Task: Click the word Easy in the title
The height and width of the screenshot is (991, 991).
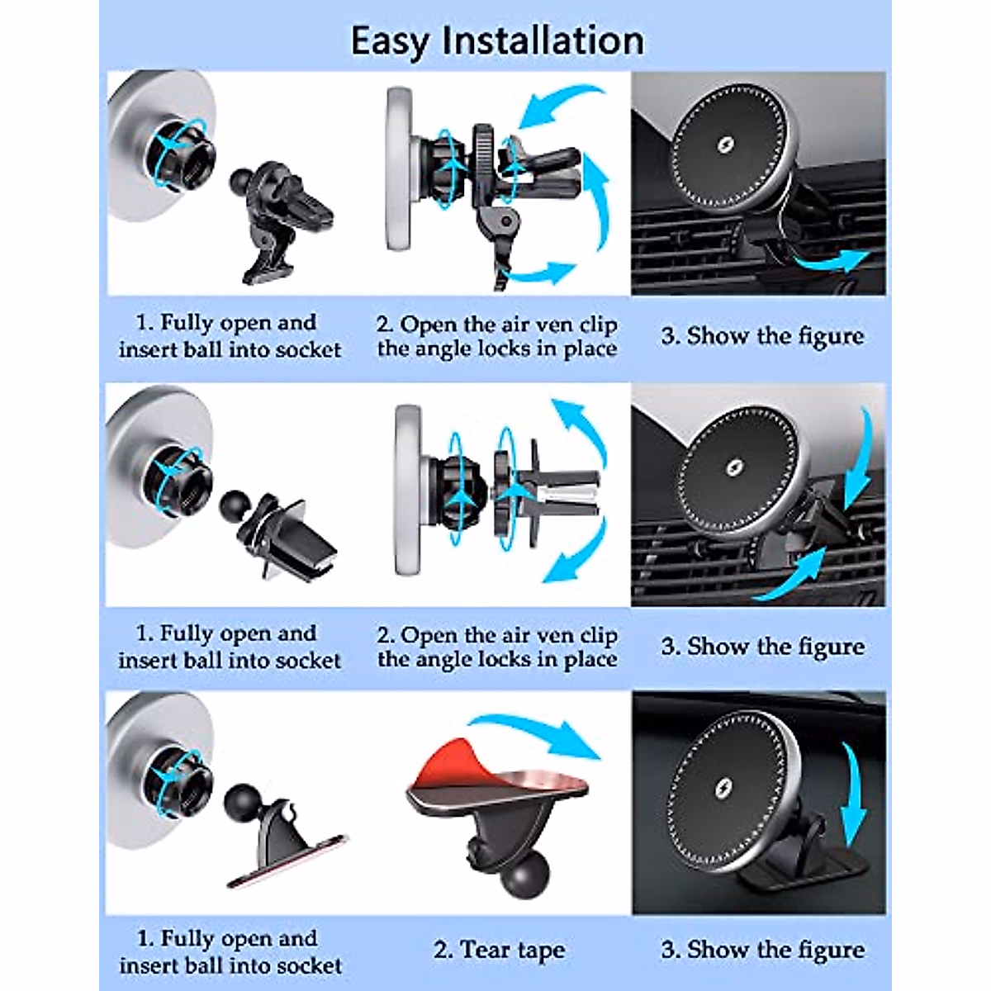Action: pyautogui.click(x=390, y=41)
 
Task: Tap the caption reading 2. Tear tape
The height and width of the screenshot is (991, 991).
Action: pyautogui.click(x=499, y=951)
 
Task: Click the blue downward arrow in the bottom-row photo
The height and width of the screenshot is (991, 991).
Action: pyautogui.click(x=852, y=793)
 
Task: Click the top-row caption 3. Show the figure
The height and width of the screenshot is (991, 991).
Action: pyautogui.click(x=762, y=336)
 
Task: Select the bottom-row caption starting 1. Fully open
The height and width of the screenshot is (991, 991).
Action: pyautogui.click(x=230, y=951)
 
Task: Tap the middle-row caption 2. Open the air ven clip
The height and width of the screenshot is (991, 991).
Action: pyautogui.click(x=497, y=647)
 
